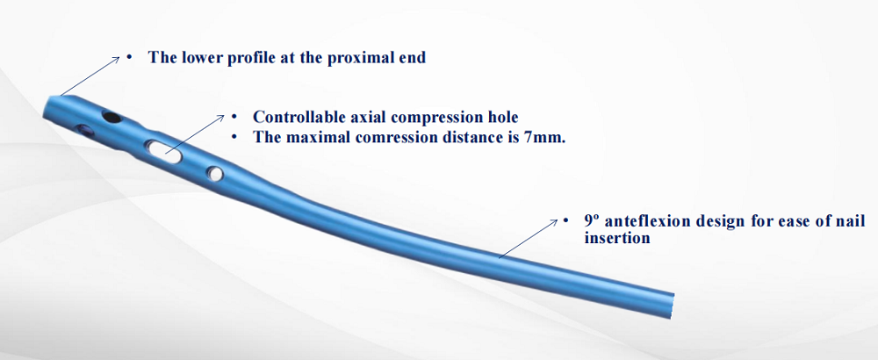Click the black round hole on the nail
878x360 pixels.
(x=112, y=117)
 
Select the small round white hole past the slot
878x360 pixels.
(x=214, y=174)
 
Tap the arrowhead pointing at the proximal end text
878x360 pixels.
(x=116, y=58)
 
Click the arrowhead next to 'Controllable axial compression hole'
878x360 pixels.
(x=219, y=119)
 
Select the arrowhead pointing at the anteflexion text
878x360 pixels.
(x=554, y=222)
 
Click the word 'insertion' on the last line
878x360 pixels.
(x=616, y=238)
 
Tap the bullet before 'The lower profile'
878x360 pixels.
(x=129, y=58)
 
